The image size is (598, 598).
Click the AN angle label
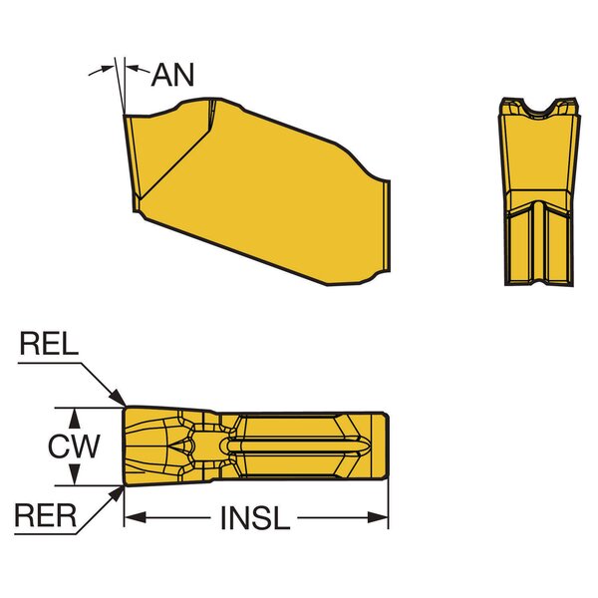click(172, 75)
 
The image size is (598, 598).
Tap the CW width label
click(74, 447)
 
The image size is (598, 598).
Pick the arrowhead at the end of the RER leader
click(117, 495)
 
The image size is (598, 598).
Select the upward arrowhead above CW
click(75, 418)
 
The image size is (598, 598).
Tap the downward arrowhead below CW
click(75, 475)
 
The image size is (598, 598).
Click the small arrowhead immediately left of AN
click(132, 68)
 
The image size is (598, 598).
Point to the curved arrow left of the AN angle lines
click(102, 71)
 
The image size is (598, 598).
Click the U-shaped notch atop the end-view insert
click(538, 109)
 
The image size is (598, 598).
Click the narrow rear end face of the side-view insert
click(387, 226)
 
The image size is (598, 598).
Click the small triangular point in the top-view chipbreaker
click(176, 446)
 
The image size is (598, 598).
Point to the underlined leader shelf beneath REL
click(49, 364)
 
